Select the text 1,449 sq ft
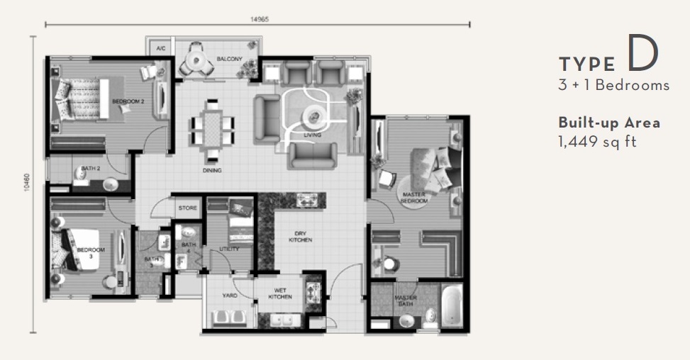(x=597, y=142)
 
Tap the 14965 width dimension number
(x=258, y=19)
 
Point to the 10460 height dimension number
(x=26, y=183)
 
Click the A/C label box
(x=161, y=49)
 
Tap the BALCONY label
(x=231, y=59)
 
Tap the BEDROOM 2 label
(x=128, y=101)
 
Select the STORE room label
(x=187, y=208)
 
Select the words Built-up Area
(x=609, y=123)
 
